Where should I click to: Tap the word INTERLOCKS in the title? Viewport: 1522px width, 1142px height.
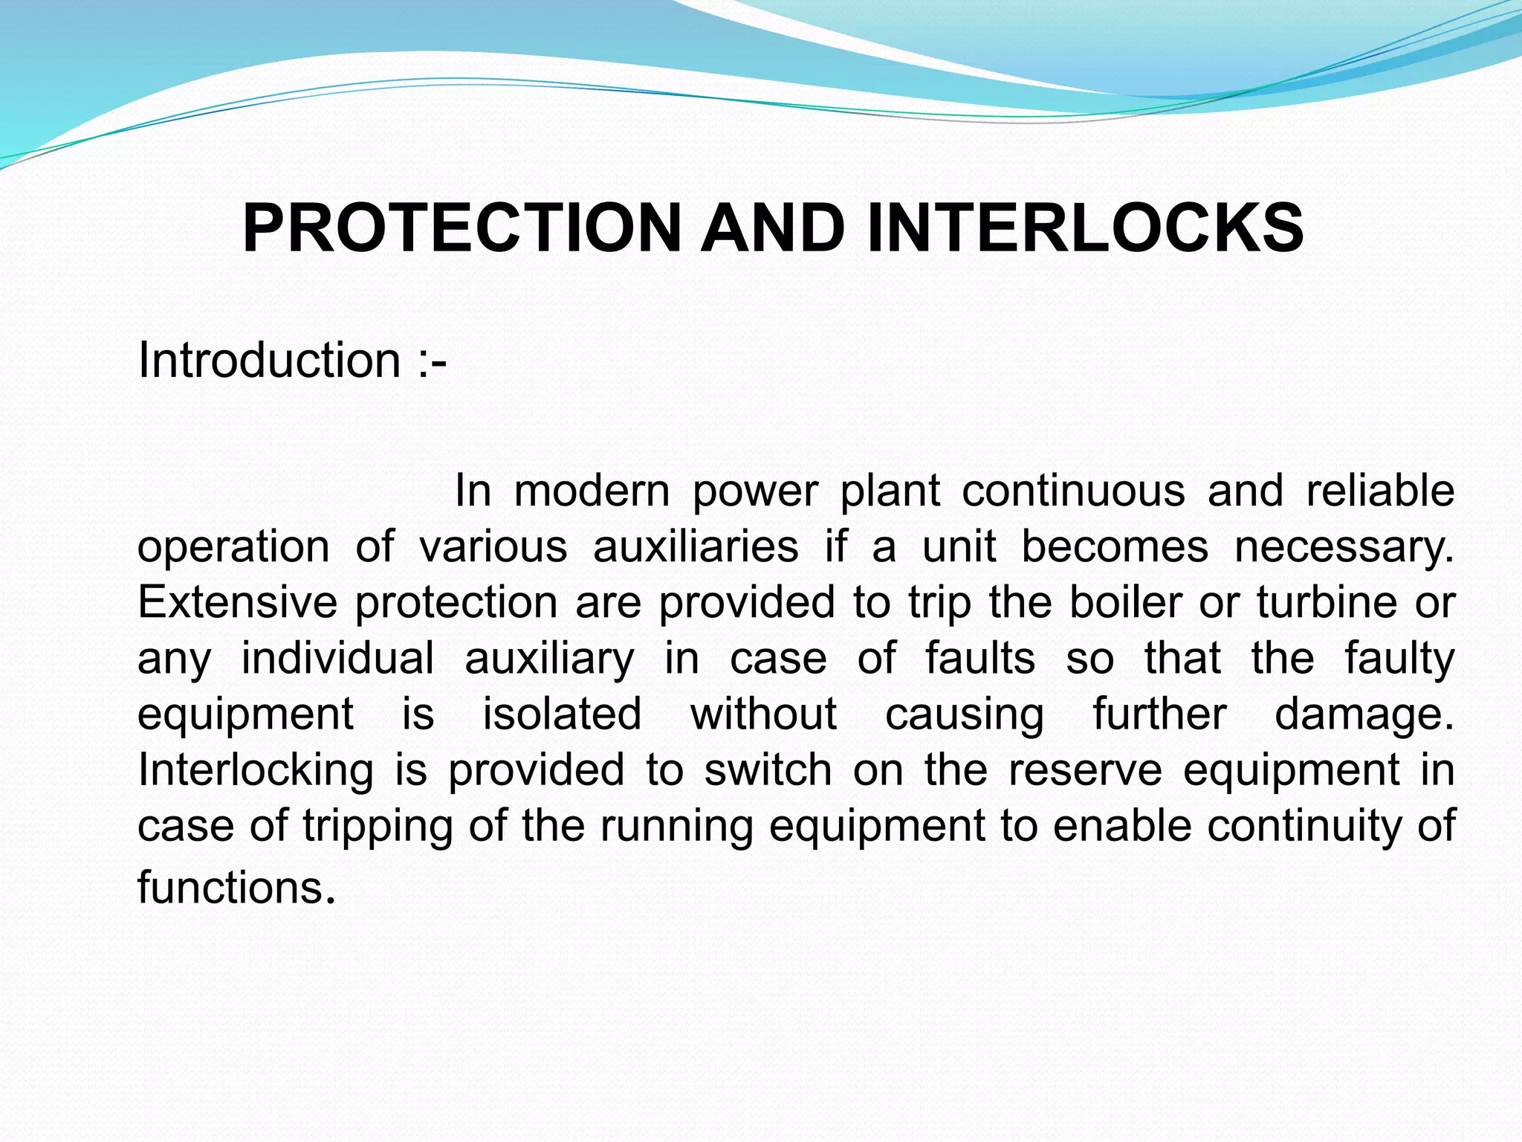pos(1084,228)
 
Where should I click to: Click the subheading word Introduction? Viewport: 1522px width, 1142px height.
pos(269,361)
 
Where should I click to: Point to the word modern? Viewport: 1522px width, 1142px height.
pos(592,491)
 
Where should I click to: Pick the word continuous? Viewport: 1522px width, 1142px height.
pos(1073,491)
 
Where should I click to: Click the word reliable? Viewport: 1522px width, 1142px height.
pos(1380,491)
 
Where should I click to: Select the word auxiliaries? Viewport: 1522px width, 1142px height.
pos(696,547)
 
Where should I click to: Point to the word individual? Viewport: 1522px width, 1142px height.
pos(337,659)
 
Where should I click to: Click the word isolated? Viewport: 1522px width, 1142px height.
pos(562,714)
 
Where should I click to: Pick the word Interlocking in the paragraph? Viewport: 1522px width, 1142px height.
pos(256,771)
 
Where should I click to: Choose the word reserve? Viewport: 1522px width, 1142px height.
pos(1084,770)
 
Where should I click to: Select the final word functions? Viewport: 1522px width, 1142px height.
pos(231,888)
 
